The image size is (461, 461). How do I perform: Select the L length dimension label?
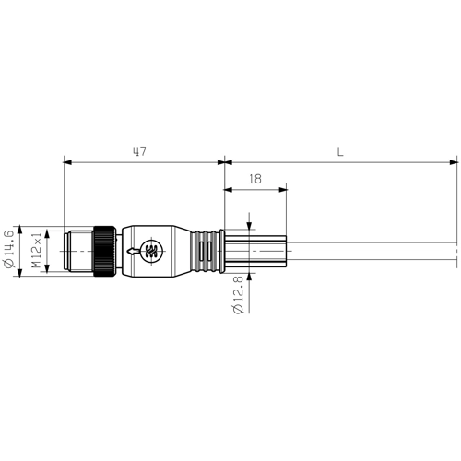pos(340,151)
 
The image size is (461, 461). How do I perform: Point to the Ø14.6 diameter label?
pos(10,249)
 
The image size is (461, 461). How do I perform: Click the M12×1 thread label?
pos(38,250)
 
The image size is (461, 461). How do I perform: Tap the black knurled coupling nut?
pos(107,249)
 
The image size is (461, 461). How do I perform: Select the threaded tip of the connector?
pos(77,249)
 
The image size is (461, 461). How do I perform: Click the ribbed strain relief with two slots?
pos(206,249)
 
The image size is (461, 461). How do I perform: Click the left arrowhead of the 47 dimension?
pos(67,162)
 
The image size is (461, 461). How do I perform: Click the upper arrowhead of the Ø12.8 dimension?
pos(251,228)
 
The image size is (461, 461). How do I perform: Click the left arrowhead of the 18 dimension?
pos(229,192)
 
